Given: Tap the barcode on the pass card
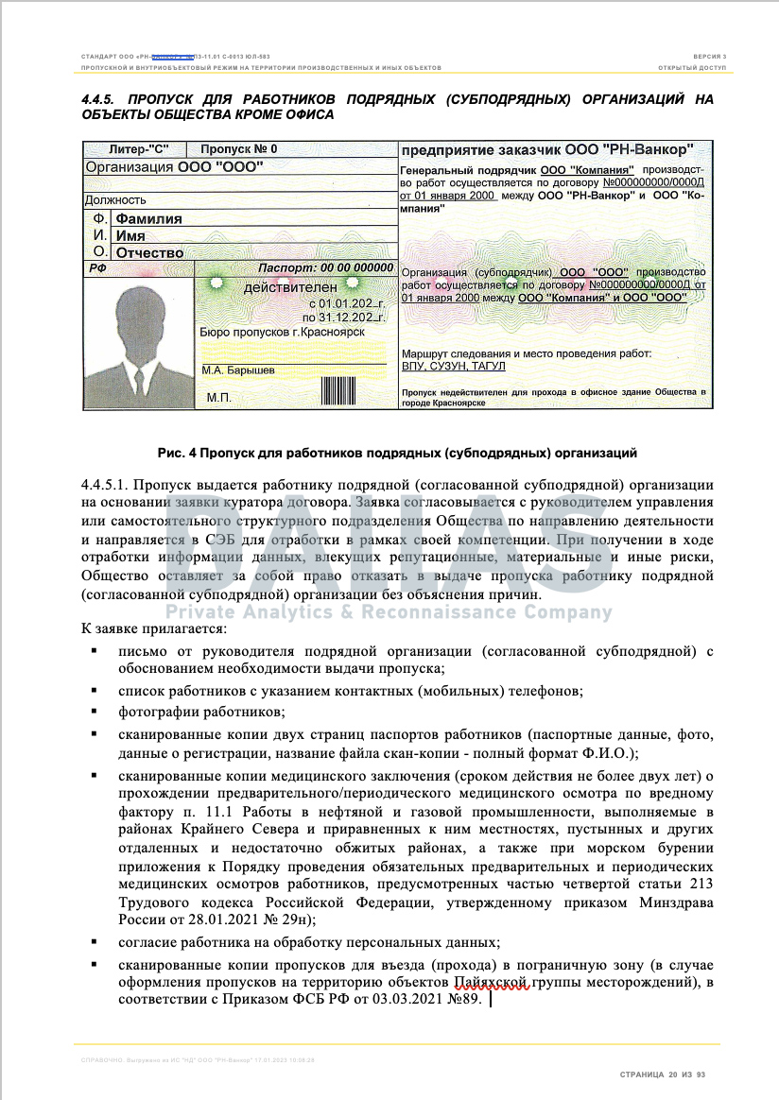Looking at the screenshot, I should [334, 389].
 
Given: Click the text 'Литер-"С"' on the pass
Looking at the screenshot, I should [137, 149].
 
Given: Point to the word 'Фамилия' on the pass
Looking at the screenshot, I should [148, 218].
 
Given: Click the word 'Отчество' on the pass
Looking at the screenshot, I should [149, 253].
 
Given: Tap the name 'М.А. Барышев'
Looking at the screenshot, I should [238, 370].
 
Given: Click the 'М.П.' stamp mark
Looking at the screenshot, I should [218, 398].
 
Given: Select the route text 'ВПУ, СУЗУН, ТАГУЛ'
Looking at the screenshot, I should [454, 366].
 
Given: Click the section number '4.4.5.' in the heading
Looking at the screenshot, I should [98, 99].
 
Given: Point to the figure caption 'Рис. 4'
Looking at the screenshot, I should [178, 452].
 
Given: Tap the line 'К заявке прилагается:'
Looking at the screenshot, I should [153, 628].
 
